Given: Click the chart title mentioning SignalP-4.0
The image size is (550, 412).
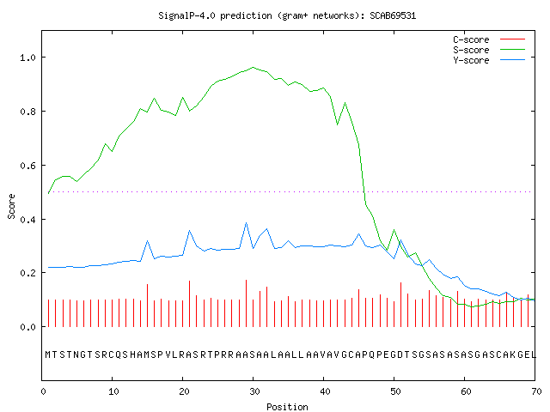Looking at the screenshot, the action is tap(287, 16).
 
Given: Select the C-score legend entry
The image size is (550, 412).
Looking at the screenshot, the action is tap(489, 39).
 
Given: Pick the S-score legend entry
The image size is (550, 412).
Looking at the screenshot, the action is tap(489, 50).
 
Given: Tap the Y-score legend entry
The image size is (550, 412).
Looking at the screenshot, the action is tap(489, 60).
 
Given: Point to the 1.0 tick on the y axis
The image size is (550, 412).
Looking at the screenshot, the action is tap(27, 58).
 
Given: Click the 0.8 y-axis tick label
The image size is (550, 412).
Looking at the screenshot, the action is tap(27, 112).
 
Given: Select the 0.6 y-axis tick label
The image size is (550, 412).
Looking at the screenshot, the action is tap(27, 166).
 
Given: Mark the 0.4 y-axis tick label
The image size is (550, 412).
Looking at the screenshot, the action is tap(27, 220).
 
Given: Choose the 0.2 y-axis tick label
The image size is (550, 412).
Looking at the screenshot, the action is tap(27, 273).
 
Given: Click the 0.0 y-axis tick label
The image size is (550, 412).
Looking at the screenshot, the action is tap(27, 327).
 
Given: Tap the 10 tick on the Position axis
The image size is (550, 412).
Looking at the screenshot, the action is tap(113, 391).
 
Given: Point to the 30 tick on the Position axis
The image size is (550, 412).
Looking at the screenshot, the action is tap(254, 391).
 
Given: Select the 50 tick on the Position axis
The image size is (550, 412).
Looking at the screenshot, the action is tap(395, 391).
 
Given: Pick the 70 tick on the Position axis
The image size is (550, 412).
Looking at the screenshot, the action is tap(536, 391).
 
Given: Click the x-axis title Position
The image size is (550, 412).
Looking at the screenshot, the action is tap(287, 407).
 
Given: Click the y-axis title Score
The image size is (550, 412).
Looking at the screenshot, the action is tap(11, 206).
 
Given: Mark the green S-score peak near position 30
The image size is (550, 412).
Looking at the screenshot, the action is tap(254, 67).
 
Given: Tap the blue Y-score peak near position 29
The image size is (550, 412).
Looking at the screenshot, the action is tap(247, 223).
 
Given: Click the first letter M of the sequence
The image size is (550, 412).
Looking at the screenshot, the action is tap(48, 354).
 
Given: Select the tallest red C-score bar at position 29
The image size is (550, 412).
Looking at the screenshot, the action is tap(247, 303).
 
